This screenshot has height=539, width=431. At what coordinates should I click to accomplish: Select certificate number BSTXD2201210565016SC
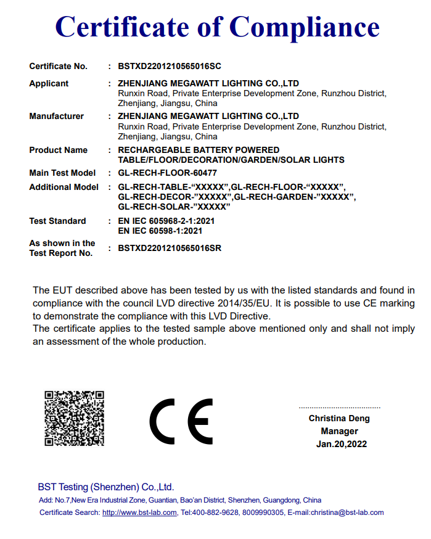click(169, 66)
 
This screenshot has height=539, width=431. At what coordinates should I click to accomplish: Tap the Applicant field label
click(49, 83)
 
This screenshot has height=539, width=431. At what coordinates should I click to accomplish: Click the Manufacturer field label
click(56, 116)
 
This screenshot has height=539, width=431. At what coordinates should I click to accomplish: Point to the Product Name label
click(58, 150)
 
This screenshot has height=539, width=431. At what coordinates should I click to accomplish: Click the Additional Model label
click(64, 187)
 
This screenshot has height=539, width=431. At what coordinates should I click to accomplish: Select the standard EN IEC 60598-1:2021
click(160, 231)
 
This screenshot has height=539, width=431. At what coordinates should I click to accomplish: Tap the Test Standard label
click(57, 221)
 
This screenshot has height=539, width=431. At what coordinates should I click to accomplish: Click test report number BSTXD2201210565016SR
click(169, 248)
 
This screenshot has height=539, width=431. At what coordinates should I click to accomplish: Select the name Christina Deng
click(339, 419)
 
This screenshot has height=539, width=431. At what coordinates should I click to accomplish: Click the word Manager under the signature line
click(339, 431)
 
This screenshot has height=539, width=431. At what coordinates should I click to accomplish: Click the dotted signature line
click(339, 407)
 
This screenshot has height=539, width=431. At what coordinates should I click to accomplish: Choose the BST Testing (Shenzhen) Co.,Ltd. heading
click(106, 486)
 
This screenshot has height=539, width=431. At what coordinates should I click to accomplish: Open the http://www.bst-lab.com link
click(139, 512)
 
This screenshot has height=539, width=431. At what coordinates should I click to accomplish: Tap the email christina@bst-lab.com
click(347, 512)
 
